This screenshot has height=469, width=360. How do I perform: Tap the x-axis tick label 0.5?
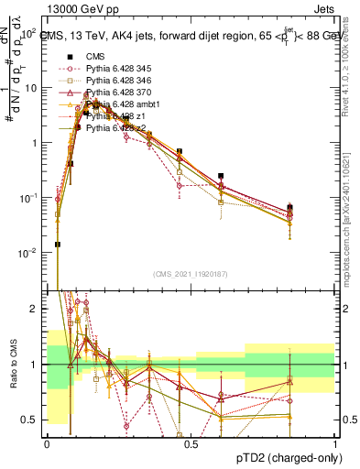[191, 443]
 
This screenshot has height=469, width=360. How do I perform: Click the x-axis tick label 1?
[334, 443]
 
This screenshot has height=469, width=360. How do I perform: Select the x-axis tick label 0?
[47, 443]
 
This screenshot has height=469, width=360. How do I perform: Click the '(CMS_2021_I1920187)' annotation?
[191, 272]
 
